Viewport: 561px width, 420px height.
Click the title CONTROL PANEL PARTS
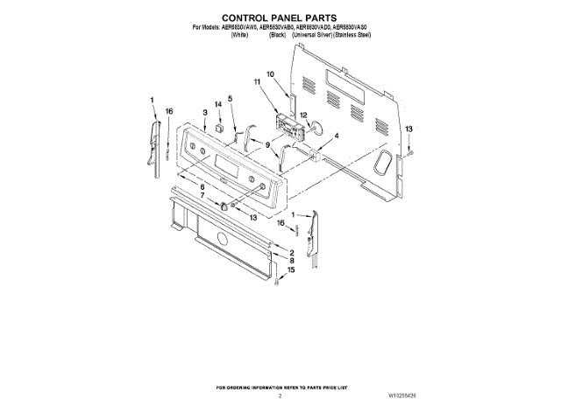pos(280,17)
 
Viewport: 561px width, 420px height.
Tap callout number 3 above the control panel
pos(203,113)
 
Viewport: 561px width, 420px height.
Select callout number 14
pos(219,105)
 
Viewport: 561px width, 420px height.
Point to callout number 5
pos(231,98)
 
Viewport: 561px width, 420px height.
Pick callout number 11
pos(258,81)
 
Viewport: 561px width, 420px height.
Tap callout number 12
pos(302,115)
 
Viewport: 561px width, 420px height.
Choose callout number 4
pos(336,136)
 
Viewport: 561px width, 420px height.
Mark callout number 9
pos(267,144)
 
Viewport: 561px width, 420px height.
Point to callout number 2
pos(292,253)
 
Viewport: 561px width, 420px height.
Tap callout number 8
pos(292,261)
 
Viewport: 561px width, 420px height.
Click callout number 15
pos(292,270)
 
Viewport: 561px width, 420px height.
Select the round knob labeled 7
pos(225,206)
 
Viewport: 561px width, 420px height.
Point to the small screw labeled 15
pos(277,282)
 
